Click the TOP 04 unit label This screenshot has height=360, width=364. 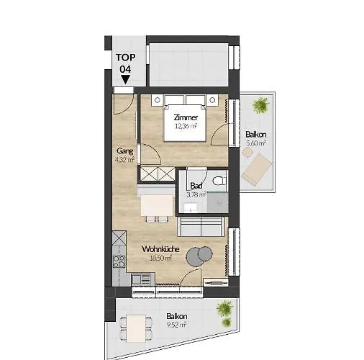tap(125, 63)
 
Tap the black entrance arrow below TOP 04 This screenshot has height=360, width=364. tap(125, 79)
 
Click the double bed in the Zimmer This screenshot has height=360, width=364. tap(186, 115)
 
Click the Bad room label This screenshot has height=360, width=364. tap(195, 185)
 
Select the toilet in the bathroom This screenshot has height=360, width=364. tap(219, 179)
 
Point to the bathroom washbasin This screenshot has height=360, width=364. tap(190, 208)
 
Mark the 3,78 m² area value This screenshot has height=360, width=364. tap(195, 194)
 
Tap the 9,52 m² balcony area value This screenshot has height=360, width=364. tap(177, 325)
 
